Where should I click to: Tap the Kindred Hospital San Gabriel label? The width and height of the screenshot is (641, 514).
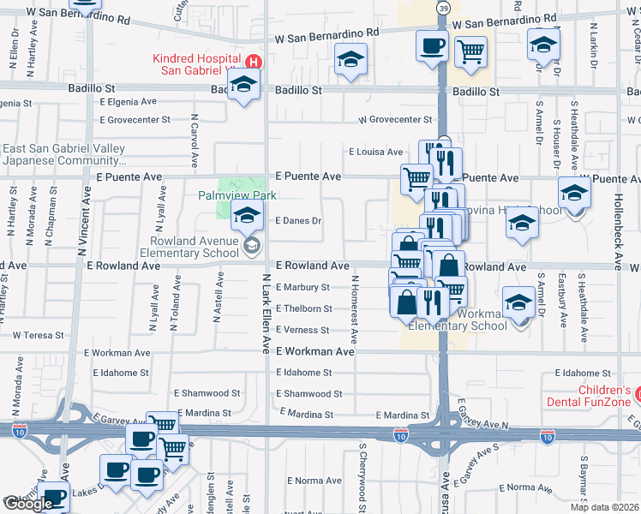(x=198, y=64)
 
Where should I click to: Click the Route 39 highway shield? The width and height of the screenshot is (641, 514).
(x=442, y=8)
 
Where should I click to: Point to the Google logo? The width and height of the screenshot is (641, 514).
(x=27, y=504)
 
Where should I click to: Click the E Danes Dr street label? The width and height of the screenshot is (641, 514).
(x=297, y=220)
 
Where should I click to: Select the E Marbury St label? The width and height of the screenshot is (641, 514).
(x=303, y=287)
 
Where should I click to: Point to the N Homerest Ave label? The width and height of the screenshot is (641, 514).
(x=353, y=305)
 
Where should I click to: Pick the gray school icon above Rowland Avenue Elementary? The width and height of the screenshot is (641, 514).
(x=251, y=248)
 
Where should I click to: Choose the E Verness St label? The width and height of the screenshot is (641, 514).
(x=303, y=331)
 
